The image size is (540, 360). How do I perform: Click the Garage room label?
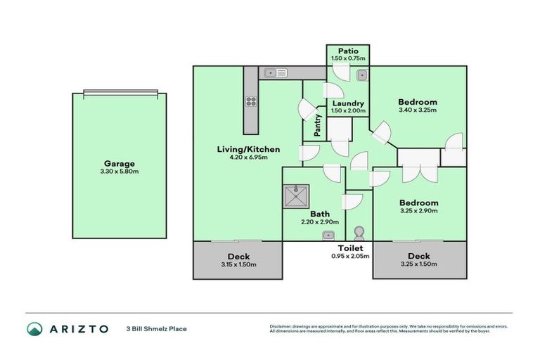[119, 163]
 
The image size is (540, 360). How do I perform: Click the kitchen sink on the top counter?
[273, 72]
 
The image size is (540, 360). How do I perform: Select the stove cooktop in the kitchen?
[250, 101]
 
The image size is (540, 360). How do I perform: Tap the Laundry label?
[348, 103]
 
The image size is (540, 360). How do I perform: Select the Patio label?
[348, 51]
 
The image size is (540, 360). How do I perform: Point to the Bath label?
[319, 214]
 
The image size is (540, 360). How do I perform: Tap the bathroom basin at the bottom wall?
[328, 236]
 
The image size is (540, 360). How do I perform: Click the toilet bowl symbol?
[359, 233]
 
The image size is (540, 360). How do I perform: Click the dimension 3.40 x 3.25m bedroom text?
[418, 110]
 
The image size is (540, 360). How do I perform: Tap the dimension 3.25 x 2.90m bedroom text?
[418, 211]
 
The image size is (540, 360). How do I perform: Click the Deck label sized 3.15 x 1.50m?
[238, 257]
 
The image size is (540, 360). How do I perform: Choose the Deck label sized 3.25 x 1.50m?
[418, 257]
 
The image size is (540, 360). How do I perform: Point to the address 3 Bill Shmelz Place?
[157, 328]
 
